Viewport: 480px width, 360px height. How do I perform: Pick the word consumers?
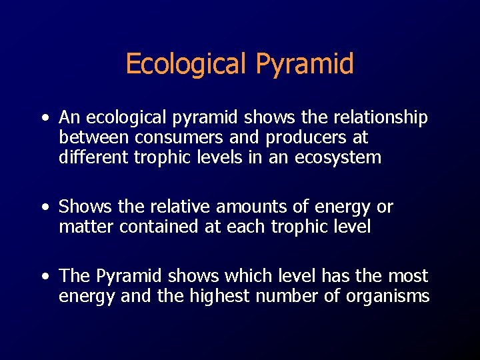pos(175,138)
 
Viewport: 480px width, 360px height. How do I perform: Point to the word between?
pos(94,138)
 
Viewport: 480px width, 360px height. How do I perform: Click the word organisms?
pos(387,296)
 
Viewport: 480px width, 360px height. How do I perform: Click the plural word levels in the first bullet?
pos(220,158)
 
